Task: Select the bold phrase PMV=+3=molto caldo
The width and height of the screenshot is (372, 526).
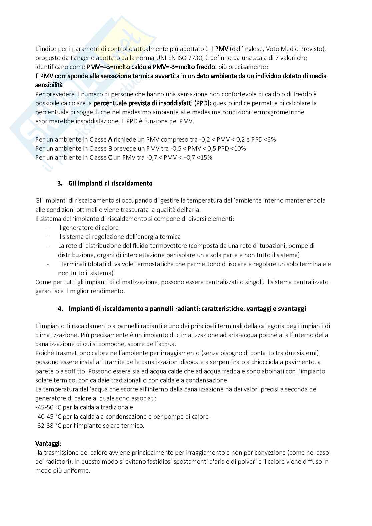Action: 116,67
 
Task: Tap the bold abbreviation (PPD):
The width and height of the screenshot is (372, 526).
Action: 201,103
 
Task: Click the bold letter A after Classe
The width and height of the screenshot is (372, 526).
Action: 110,139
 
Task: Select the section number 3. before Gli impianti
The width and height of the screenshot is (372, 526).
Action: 60,183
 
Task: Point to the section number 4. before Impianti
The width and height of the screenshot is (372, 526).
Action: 60,308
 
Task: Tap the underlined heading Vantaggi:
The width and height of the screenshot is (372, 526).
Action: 48,443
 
